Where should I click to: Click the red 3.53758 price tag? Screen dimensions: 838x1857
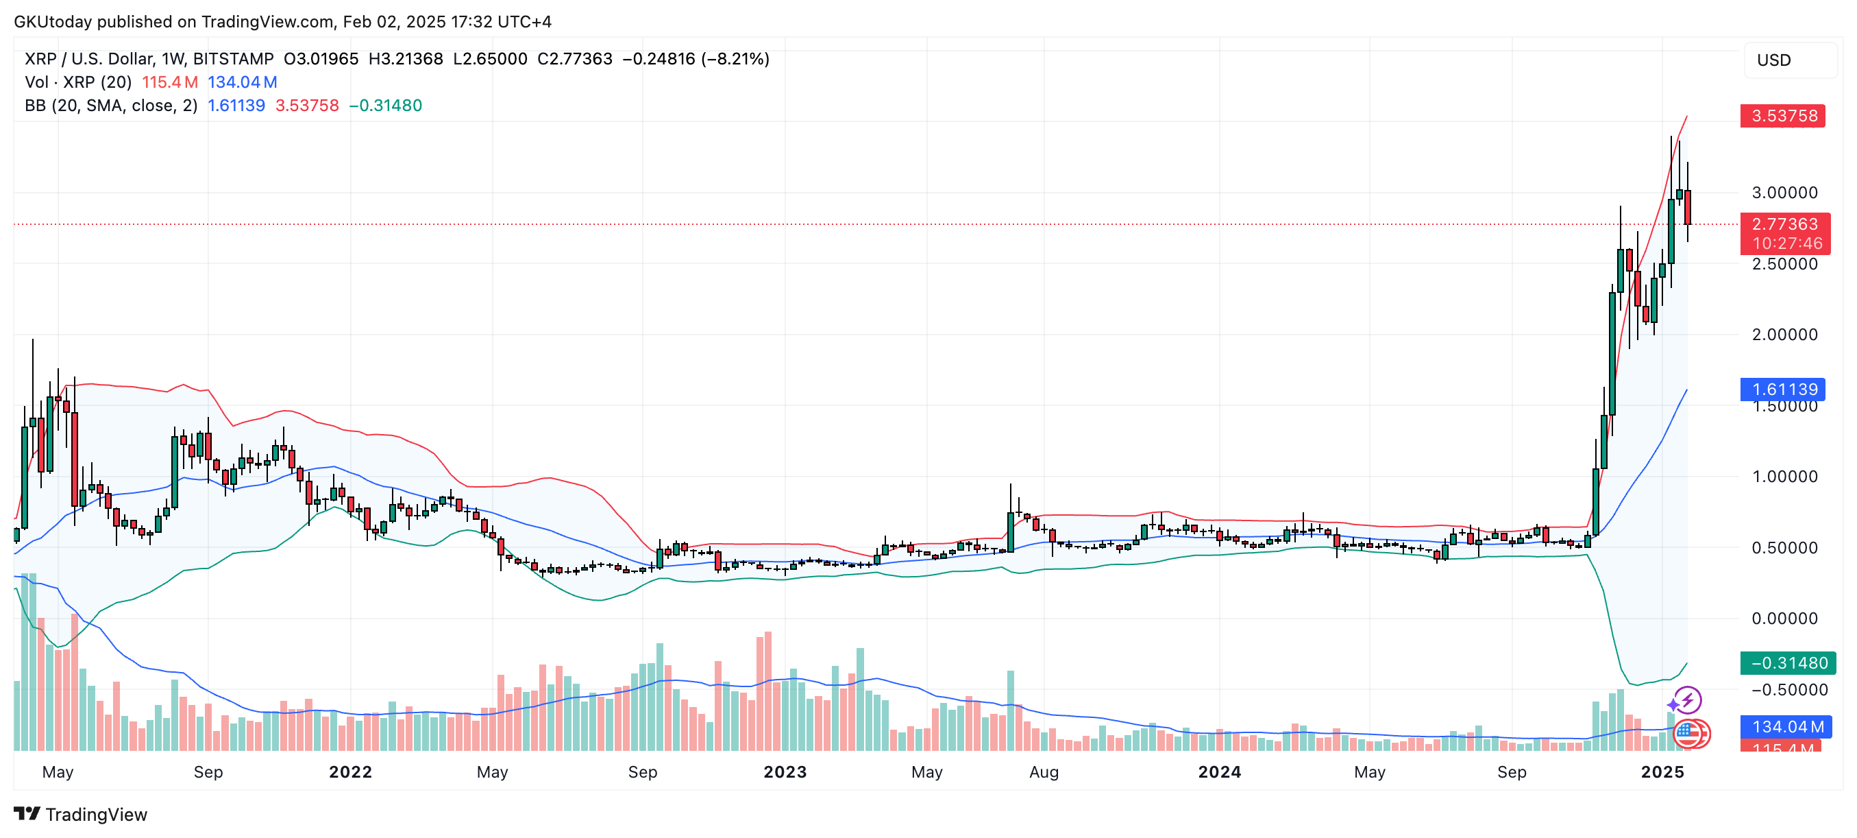[1783, 116]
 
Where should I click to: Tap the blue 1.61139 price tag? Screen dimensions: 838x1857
[1783, 390]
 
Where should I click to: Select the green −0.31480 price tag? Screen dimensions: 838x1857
[1787, 662]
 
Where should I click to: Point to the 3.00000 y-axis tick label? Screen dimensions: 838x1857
[1784, 193]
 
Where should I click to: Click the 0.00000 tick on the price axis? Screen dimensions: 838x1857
[1784, 618]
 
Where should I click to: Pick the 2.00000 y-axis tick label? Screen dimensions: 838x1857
[1784, 335]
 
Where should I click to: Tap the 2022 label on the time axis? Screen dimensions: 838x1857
[350, 771]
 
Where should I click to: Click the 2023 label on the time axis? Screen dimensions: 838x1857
[785, 771]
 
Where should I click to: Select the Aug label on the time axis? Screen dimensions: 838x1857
[1044, 771]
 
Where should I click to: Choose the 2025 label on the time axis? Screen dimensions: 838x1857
[1662, 771]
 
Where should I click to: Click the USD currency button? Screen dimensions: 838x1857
[1773, 60]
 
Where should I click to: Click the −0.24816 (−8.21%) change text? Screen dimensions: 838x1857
[696, 58]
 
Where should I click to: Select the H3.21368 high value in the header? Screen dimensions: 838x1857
[405, 58]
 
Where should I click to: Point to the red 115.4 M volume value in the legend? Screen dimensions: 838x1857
[169, 82]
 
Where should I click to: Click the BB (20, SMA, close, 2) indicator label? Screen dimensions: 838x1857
[111, 106]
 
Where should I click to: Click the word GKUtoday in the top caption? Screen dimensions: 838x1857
[53, 22]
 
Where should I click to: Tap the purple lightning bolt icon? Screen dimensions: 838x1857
[1688, 699]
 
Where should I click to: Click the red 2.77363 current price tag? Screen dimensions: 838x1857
[1784, 224]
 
